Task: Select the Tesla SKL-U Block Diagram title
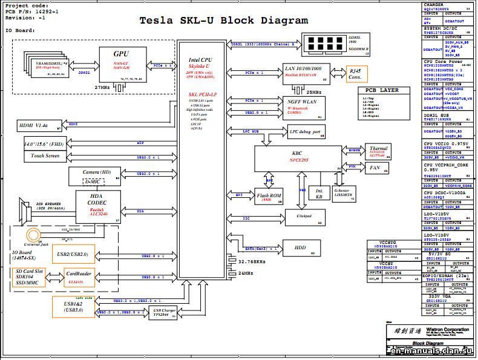(x=224, y=20)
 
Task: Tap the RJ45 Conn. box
(x=356, y=74)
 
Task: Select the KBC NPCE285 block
(x=298, y=158)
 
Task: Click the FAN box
(x=375, y=167)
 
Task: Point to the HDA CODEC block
(x=99, y=207)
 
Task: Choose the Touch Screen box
(x=45, y=156)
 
